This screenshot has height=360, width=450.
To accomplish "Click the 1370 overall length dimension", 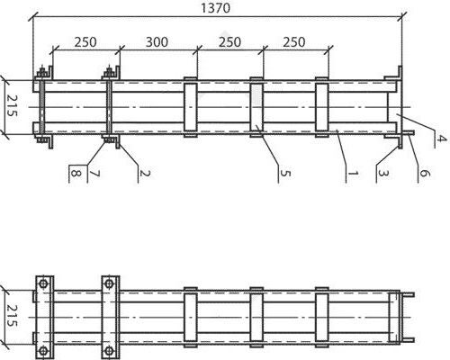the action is coord(215,8).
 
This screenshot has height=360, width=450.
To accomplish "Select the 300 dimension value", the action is coord(157,42).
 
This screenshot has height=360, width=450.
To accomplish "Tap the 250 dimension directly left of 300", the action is coord(85,42).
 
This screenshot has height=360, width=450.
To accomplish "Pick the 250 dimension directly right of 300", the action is coord(229,42).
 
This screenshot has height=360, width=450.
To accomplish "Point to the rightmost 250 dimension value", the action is coord(294,42).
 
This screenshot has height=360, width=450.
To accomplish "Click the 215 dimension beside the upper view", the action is coord(12,105).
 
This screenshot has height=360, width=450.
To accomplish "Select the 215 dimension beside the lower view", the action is coord(12,316).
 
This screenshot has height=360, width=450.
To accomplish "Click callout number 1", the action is coord(353,173).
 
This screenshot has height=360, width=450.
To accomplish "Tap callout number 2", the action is coord(144,173).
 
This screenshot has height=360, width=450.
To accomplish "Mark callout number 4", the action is coord(440,139).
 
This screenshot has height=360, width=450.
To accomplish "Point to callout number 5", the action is coord(285,173).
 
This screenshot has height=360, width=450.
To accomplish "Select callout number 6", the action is coord(424,173).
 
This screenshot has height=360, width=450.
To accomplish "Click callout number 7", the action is coord(94,173).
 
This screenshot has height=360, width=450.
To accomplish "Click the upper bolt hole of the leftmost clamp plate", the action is coord(43,283).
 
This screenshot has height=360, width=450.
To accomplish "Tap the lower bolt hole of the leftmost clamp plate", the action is coord(43,351).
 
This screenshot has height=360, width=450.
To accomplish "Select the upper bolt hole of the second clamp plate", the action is coord(109,283).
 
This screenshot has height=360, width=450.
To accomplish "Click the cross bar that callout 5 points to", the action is coord(256,107).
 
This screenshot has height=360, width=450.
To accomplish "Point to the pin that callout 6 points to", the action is coord(409,132).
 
